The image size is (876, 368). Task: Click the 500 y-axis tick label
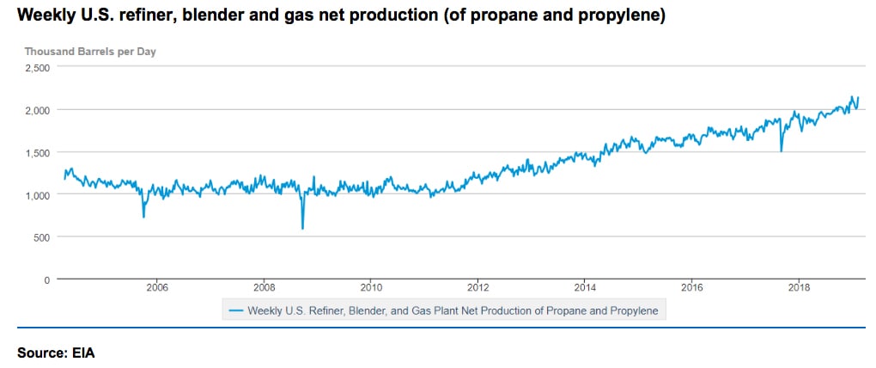(44, 236)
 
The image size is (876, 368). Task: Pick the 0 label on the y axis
(48, 279)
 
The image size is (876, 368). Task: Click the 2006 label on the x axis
(156, 289)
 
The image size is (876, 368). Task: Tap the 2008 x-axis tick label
(264, 289)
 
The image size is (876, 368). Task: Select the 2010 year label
(371, 289)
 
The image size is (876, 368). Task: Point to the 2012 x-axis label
(478, 289)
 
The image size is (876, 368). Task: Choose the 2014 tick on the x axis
(586, 289)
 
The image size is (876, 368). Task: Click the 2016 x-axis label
(692, 289)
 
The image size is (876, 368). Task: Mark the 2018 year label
(800, 289)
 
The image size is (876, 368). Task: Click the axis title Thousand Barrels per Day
(90, 51)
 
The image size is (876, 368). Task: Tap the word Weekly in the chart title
(44, 16)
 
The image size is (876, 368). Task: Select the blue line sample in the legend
(234, 310)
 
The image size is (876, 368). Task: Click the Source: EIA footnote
(55, 352)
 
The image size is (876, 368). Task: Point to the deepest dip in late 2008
(302, 228)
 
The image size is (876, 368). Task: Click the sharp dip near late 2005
(143, 217)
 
